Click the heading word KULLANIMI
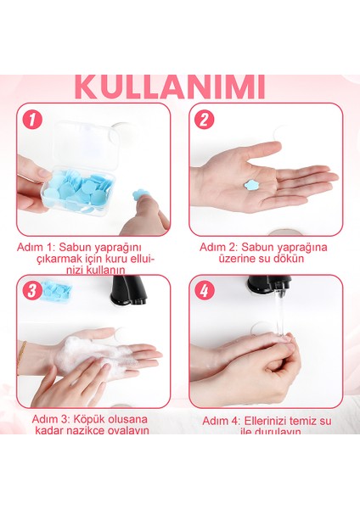point(170,87)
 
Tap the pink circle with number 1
point(31,120)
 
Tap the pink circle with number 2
point(204,120)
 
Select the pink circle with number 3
point(31,291)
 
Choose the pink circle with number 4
point(204,291)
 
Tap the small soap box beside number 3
point(58,291)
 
